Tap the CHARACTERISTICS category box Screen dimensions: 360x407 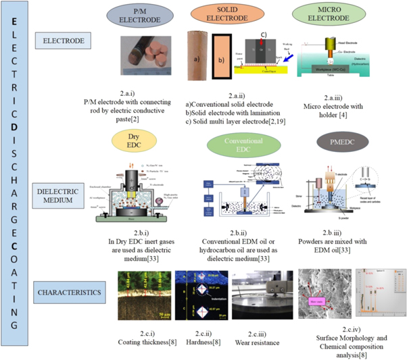click(x=62, y=293)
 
